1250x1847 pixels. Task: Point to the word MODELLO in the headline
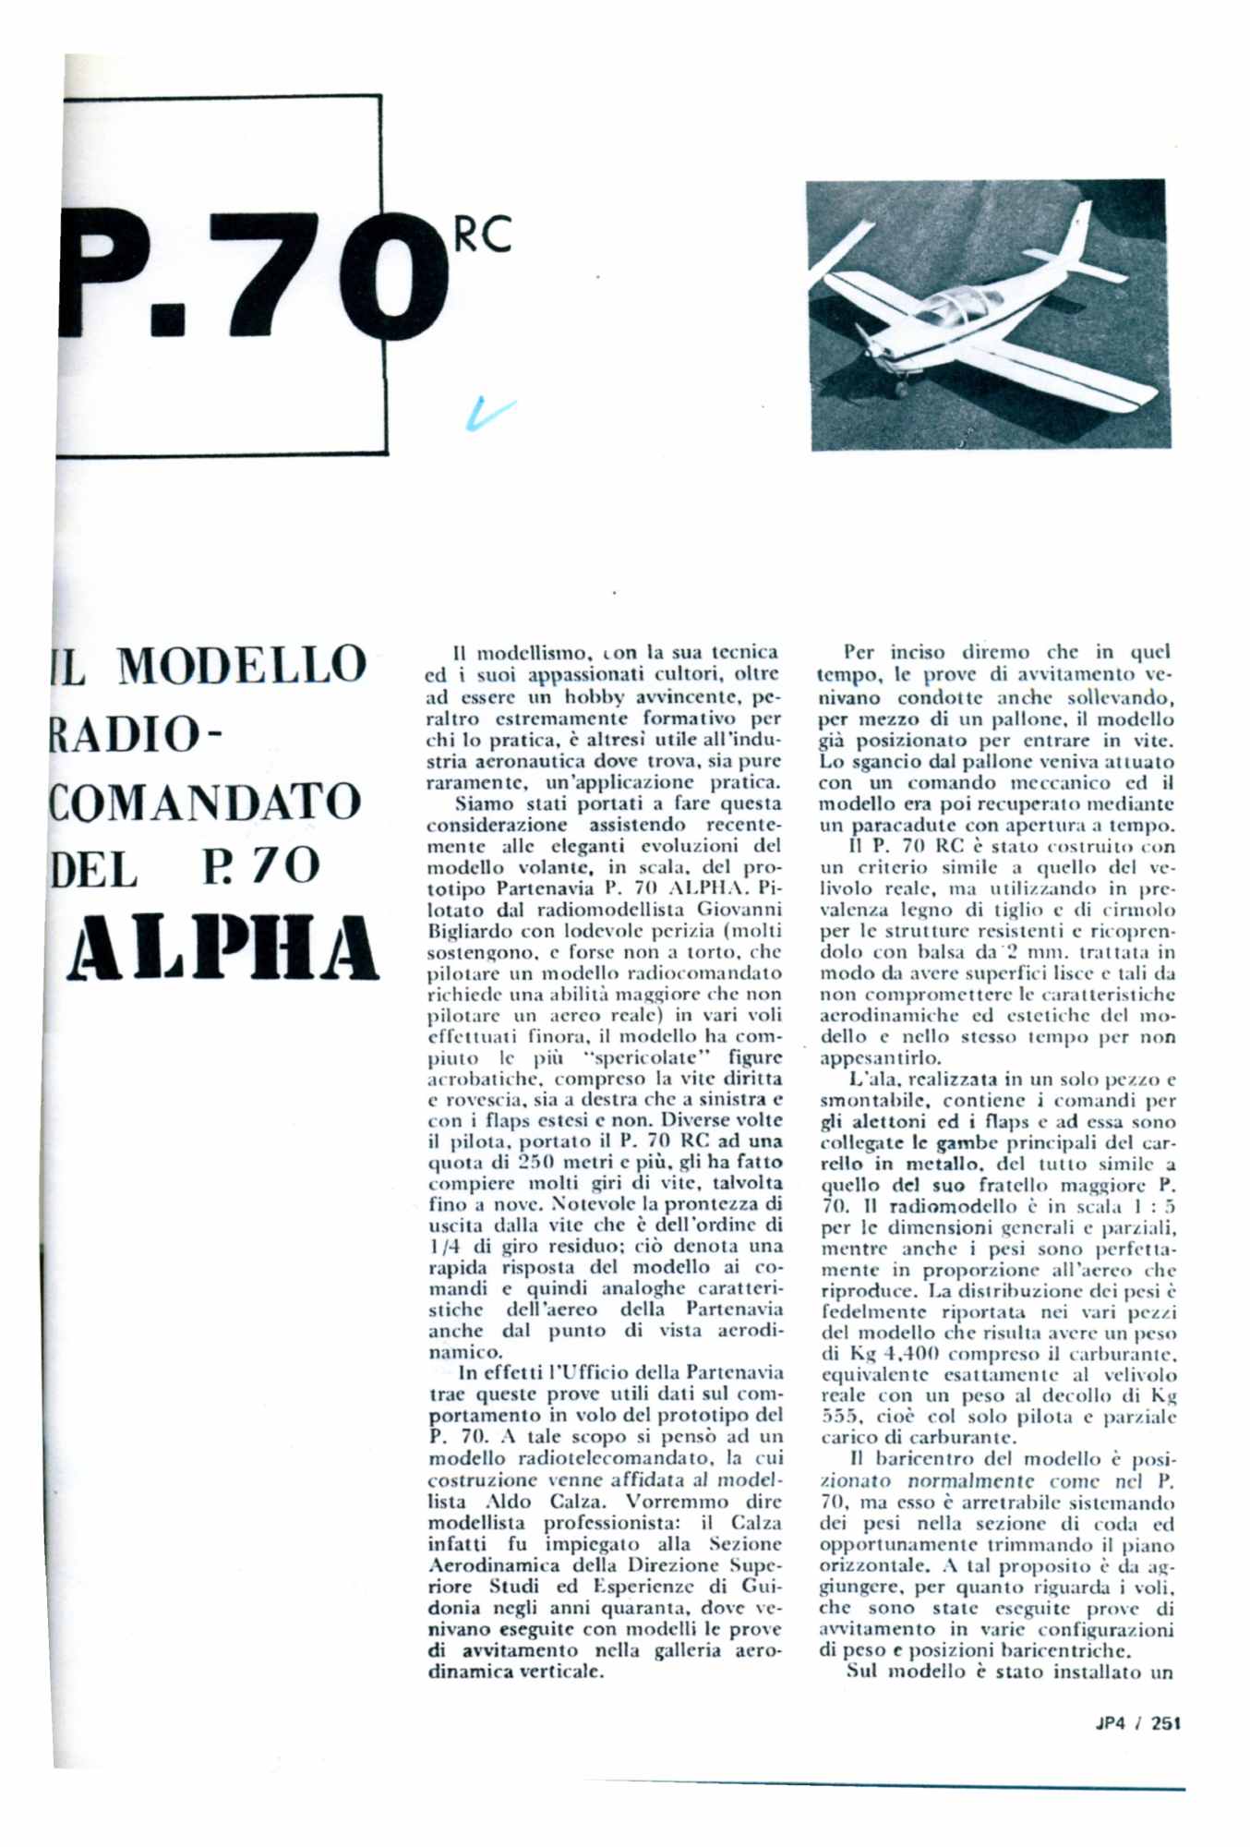242,666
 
